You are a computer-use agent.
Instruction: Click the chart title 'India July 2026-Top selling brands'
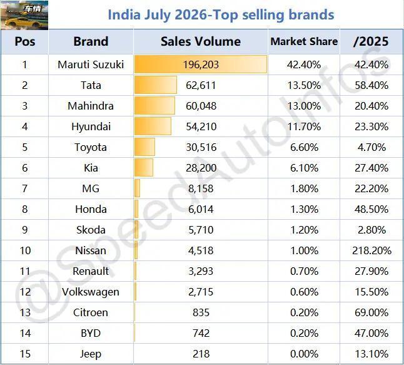[x=221, y=14]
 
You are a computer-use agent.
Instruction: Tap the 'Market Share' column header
[x=304, y=41]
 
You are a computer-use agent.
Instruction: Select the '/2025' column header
[x=371, y=41]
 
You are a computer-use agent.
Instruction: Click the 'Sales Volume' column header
[x=201, y=41]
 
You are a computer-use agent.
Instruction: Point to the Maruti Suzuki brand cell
[x=91, y=64]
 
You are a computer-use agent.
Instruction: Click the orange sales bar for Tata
[x=156, y=85]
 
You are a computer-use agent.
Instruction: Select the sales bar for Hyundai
[x=153, y=126]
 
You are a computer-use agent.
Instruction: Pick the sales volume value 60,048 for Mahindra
[x=201, y=106]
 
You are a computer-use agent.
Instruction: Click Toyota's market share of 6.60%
[x=304, y=147]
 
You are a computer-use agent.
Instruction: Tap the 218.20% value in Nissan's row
[x=371, y=250]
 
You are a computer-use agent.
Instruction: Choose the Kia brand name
[x=91, y=168]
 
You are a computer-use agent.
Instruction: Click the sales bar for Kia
[x=144, y=168]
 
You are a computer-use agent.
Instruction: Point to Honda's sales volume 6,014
[x=201, y=209]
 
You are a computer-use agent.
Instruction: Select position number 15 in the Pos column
[x=25, y=354]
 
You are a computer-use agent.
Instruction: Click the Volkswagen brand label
[x=91, y=292]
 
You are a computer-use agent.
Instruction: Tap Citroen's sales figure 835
[x=201, y=312]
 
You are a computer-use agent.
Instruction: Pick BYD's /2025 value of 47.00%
[x=371, y=333]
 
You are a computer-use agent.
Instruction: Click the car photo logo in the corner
[x=24, y=15]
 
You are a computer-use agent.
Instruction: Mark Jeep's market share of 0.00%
[x=304, y=354]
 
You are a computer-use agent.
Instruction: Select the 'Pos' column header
[x=25, y=41]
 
